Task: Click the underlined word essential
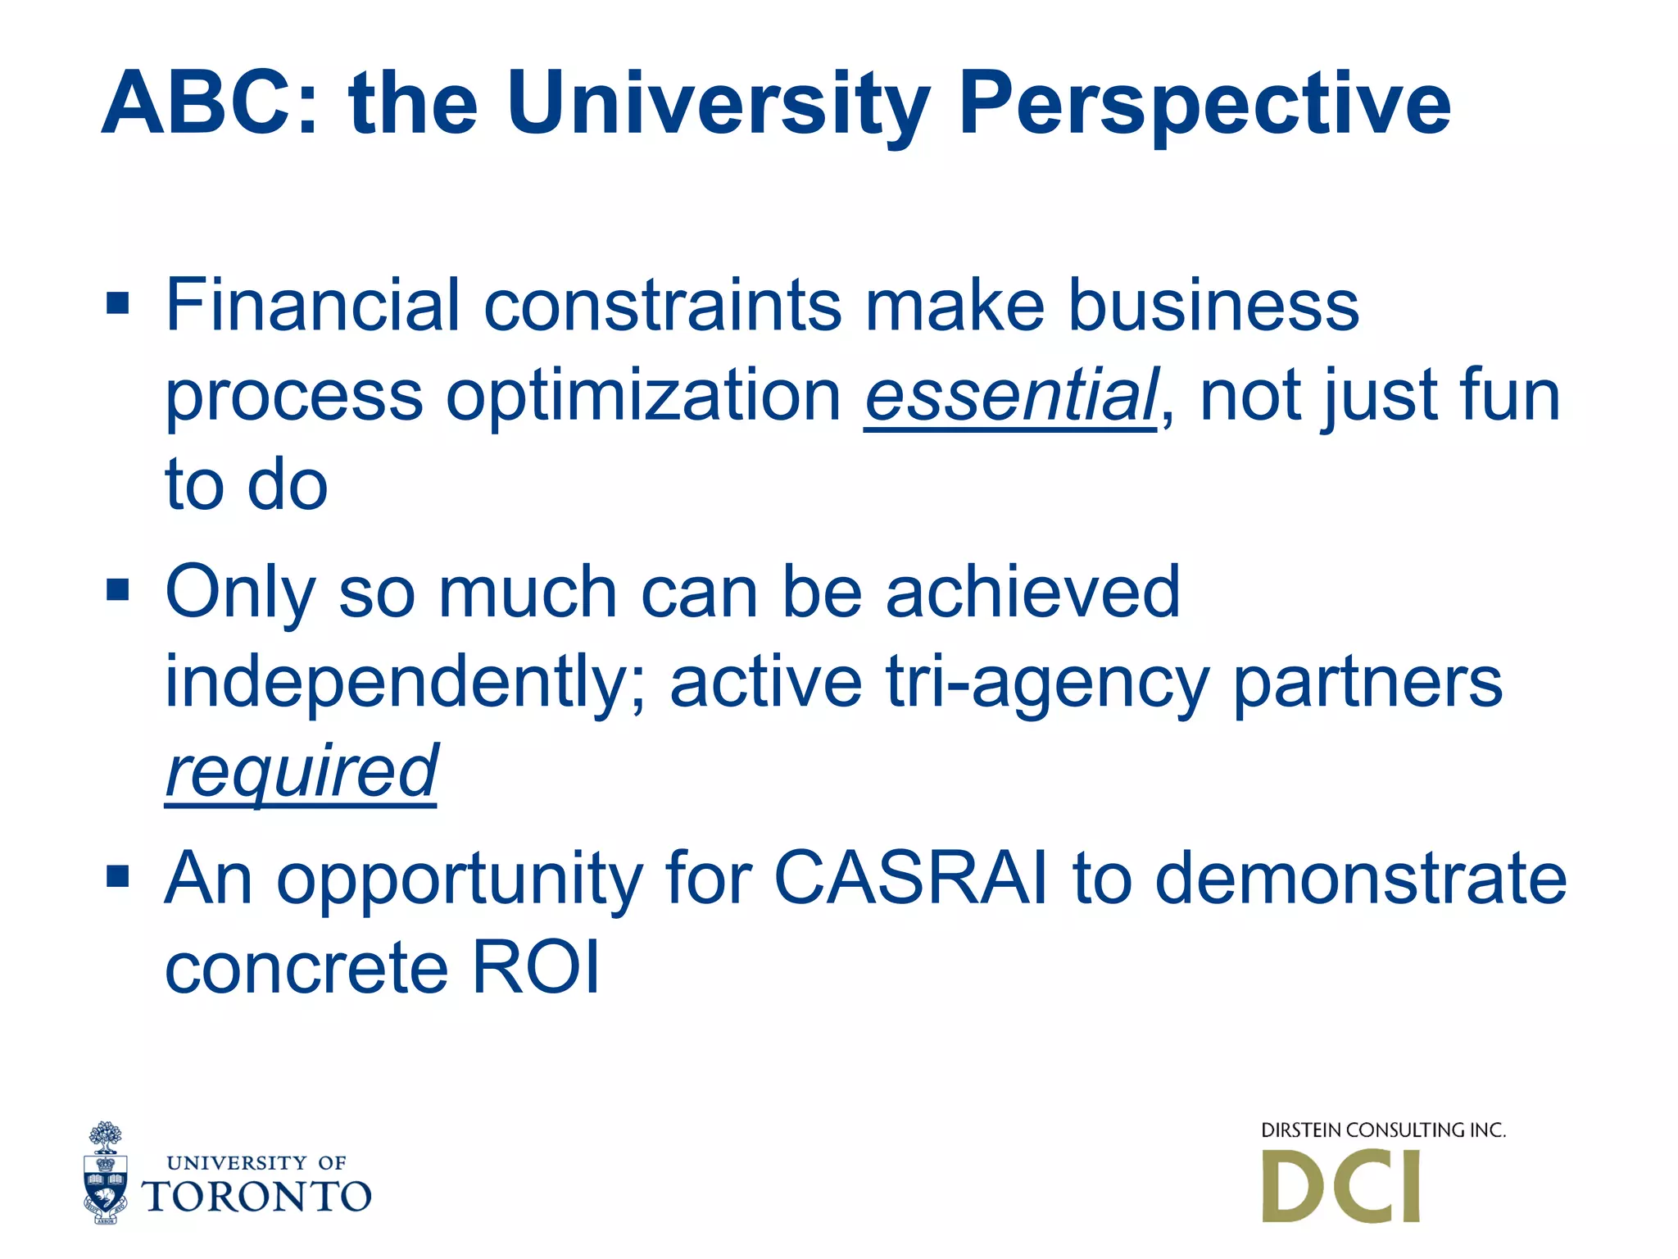(1011, 395)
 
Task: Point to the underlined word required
(301, 772)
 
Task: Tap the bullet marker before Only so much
(118, 589)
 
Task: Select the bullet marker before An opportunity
(118, 876)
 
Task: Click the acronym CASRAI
(910, 878)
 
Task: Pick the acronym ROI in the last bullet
(536, 968)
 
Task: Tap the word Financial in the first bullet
(312, 305)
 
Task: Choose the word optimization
(643, 395)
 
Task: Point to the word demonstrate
(1361, 878)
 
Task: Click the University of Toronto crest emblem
(106, 1173)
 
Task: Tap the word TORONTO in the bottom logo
(256, 1197)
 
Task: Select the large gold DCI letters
(1341, 1187)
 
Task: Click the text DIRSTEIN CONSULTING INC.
(1383, 1130)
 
